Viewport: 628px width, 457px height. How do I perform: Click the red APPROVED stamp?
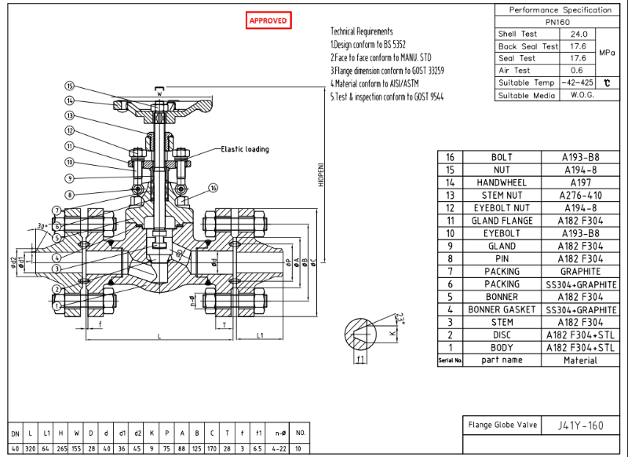click(268, 20)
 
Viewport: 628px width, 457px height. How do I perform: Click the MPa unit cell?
click(607, 52)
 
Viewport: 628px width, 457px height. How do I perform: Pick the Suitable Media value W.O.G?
click(578, 95)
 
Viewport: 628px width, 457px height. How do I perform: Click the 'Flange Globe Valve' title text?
click(502, 426)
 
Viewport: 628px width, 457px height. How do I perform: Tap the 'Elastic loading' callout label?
click(244, 149)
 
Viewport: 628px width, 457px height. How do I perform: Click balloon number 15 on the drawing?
click(69, 86)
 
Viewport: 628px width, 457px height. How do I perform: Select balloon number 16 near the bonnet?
click(214, 188)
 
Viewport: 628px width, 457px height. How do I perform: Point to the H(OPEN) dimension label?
click(320, 174)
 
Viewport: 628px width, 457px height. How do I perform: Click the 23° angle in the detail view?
click(400, 319)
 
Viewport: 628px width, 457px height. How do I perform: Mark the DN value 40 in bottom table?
click(16, 448)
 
